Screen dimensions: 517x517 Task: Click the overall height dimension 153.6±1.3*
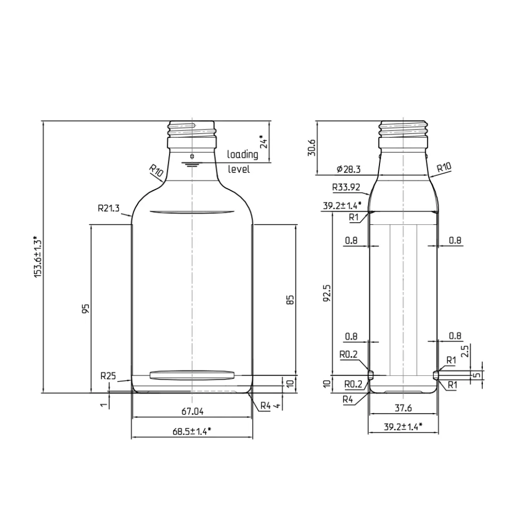[x=38, y=256]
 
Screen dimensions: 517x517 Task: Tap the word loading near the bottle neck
[x=243, y=155]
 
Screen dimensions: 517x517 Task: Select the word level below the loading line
[x=239, y=169]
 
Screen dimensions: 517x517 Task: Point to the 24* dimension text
[x=264, y=142]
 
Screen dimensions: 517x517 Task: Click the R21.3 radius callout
[x=109, y=208]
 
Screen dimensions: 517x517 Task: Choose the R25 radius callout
[x=108, y=376]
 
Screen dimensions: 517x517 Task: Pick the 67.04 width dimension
[x=192, y=411]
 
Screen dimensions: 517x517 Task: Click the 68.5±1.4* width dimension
[x=192, y=431]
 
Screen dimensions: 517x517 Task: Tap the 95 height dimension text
[x=86, y=309]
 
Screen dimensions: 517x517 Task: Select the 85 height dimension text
[x=290, y=300]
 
